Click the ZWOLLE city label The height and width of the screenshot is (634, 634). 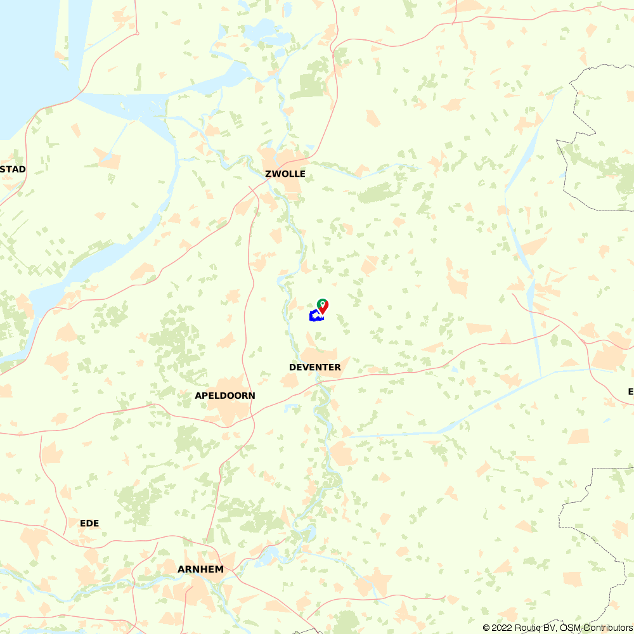(x=285, y=174)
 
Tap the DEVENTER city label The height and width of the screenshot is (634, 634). (x=315, y=368)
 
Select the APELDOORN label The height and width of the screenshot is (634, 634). (x=225, y=396)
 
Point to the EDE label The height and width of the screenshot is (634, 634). (x=89, y=523)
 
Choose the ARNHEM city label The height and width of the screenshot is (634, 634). (x=200, y=569)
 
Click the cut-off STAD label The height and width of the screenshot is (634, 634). (x=13, y=169)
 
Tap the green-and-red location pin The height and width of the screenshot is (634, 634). (x=323, y=307)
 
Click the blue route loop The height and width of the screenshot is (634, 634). (x=314, y=316)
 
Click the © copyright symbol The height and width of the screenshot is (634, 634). (x=486, y=628)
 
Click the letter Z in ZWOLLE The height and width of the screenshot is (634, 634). (x=269, y=174)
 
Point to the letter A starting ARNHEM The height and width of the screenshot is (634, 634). (x=181, y=569)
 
